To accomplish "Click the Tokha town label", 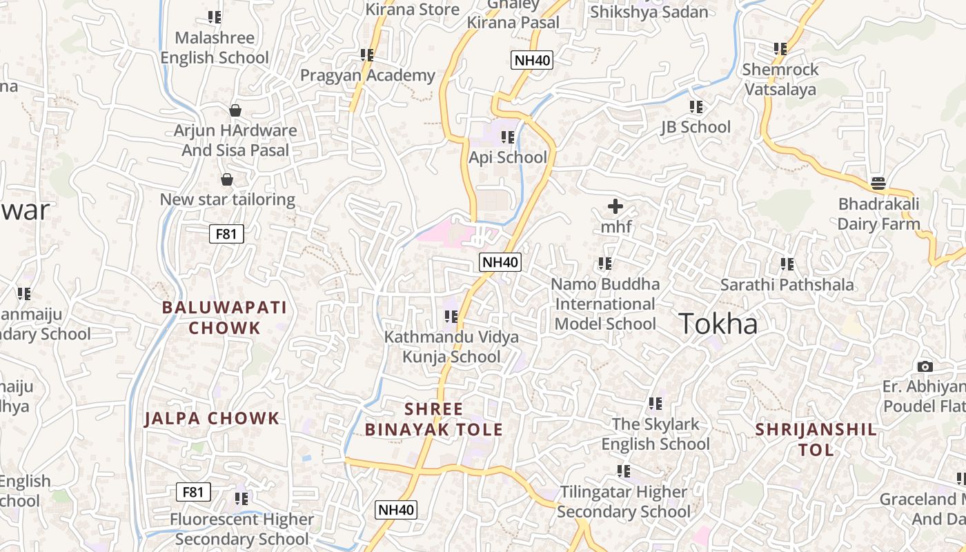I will pos(718,324).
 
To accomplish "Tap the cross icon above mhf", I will pos(615,206).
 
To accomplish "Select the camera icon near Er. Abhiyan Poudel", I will pos(925,366).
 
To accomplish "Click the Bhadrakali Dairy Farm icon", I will pos(878,184).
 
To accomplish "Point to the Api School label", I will pos(508,157).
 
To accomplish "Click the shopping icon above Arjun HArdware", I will pos(235,110).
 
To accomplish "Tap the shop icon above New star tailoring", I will pos(227,180).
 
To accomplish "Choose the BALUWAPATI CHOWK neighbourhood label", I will pos(225,317).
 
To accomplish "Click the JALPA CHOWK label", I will pos(212,418).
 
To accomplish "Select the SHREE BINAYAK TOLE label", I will pos(433,419).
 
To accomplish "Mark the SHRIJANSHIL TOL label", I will pos(816,440).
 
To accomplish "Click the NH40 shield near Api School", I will pos(532,60).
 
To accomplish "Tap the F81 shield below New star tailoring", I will pos(226,234).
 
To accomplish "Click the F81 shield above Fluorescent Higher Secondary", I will pos(193,492).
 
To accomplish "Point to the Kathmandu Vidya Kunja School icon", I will pos(451,317).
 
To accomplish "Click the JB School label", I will pos(696,127).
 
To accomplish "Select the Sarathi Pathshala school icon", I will pos(787,264).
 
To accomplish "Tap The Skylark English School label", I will pos(655,434).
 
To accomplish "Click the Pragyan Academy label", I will pos(367,75).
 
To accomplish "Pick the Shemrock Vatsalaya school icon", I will pos(780,49).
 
